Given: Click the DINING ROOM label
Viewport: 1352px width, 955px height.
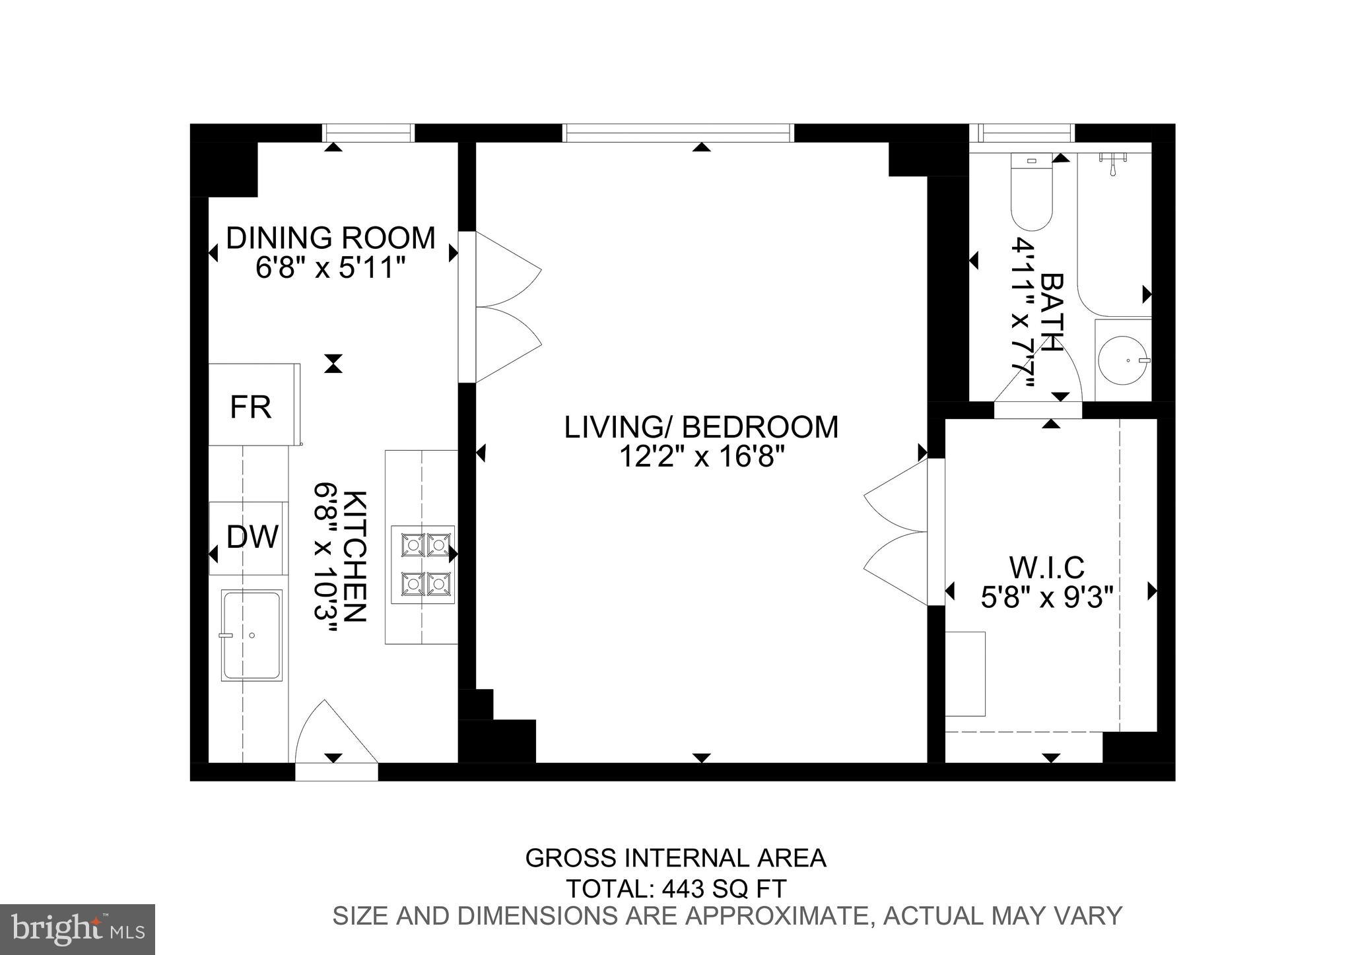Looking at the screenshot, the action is [x=331, y=238].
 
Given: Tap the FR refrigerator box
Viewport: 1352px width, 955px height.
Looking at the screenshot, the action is [x=254, y=405].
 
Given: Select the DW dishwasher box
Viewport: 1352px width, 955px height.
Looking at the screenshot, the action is [x=248, y=538].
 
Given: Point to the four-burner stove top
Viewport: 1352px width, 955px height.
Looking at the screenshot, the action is [x=422, y=564].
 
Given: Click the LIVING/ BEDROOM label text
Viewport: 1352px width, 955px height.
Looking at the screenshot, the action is [x=701, y=426].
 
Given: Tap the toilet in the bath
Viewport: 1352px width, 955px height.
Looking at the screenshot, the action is [x=1031, y=192].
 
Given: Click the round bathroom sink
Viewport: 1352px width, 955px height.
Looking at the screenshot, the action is [x=1123, y=360].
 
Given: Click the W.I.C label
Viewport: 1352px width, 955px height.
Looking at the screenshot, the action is [x=1047, y=567].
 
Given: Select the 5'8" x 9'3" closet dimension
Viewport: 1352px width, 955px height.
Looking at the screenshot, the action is [x=1047, y=598].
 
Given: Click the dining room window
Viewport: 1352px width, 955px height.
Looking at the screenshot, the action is [x=368, y=133].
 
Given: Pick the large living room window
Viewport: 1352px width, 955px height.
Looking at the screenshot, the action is [x=678, y=133].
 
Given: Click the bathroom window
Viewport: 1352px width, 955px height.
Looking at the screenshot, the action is [x=1023, y=133].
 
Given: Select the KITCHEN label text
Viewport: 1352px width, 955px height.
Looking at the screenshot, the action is [x=356, y=556].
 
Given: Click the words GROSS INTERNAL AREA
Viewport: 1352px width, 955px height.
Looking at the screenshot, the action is [x=675, y=857].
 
